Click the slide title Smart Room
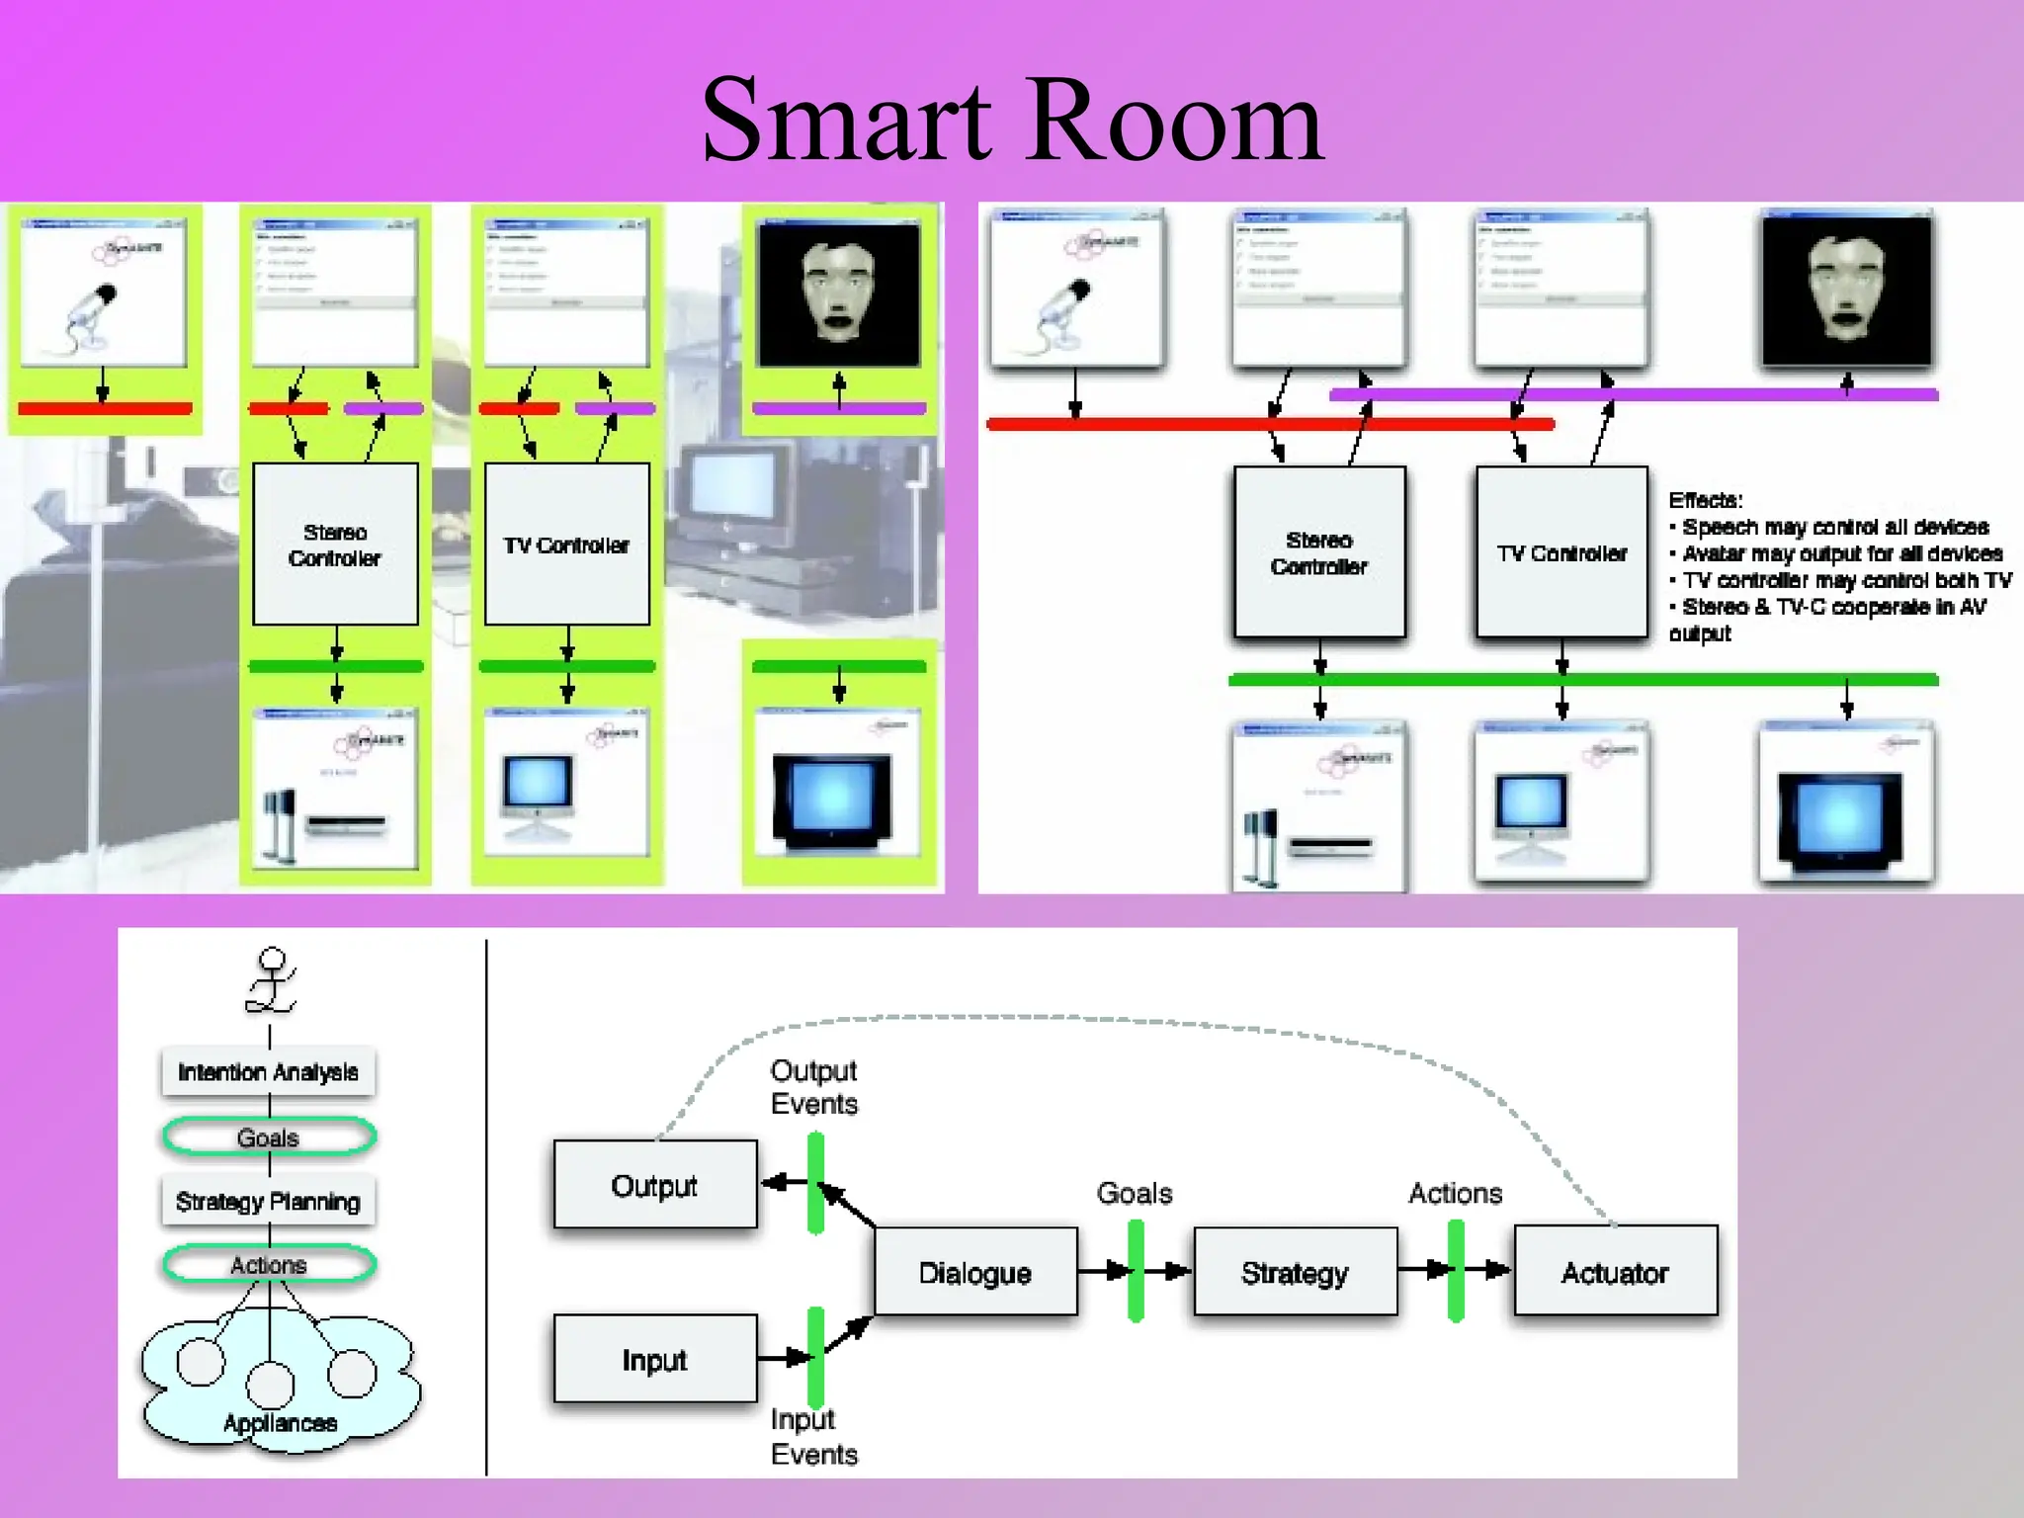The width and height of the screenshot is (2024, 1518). click(1012, 121)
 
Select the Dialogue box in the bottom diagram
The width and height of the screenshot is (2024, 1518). click(974, 1272)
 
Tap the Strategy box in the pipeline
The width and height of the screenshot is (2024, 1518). click(1295, 1272)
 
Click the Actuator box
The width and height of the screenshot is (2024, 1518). click(1615, 1272)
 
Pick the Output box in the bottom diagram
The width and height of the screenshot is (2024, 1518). click(654, 1184)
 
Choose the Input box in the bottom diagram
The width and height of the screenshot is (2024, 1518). click(654, 1359)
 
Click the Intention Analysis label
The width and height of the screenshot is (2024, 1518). click(268, 1071)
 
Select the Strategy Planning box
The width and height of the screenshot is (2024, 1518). click(268, 1201)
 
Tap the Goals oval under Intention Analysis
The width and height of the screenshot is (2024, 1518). click(268, 1137)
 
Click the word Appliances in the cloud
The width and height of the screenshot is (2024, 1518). click(280, 1423)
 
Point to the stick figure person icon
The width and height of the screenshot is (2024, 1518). click(271, 980)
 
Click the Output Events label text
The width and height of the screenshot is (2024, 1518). click(813, 1087)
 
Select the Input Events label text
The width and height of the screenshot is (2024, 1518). click(813, 1436)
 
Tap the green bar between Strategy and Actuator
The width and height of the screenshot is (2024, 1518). click(1456, 1271)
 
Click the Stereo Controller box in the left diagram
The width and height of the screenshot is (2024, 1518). click(335, 545)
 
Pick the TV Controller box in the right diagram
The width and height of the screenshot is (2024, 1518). click(1561, 552)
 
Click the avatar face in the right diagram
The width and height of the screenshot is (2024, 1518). click(1846, 289)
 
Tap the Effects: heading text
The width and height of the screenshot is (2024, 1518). click(1705, 500)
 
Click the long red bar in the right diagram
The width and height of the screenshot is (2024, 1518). click(1269, 424)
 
